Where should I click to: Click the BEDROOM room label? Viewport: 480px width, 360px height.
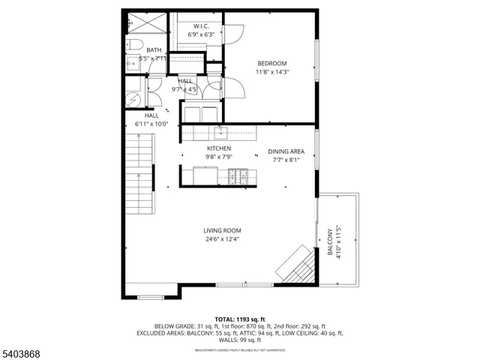(x=272, y=63)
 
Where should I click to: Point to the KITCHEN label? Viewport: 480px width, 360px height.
(x=218, y=149)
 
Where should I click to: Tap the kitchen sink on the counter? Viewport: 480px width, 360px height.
(x=220, y=133)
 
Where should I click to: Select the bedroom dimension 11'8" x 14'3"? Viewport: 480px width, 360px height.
(x=272, y=72)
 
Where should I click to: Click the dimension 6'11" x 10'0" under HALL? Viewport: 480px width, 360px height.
(x=151, y=124)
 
